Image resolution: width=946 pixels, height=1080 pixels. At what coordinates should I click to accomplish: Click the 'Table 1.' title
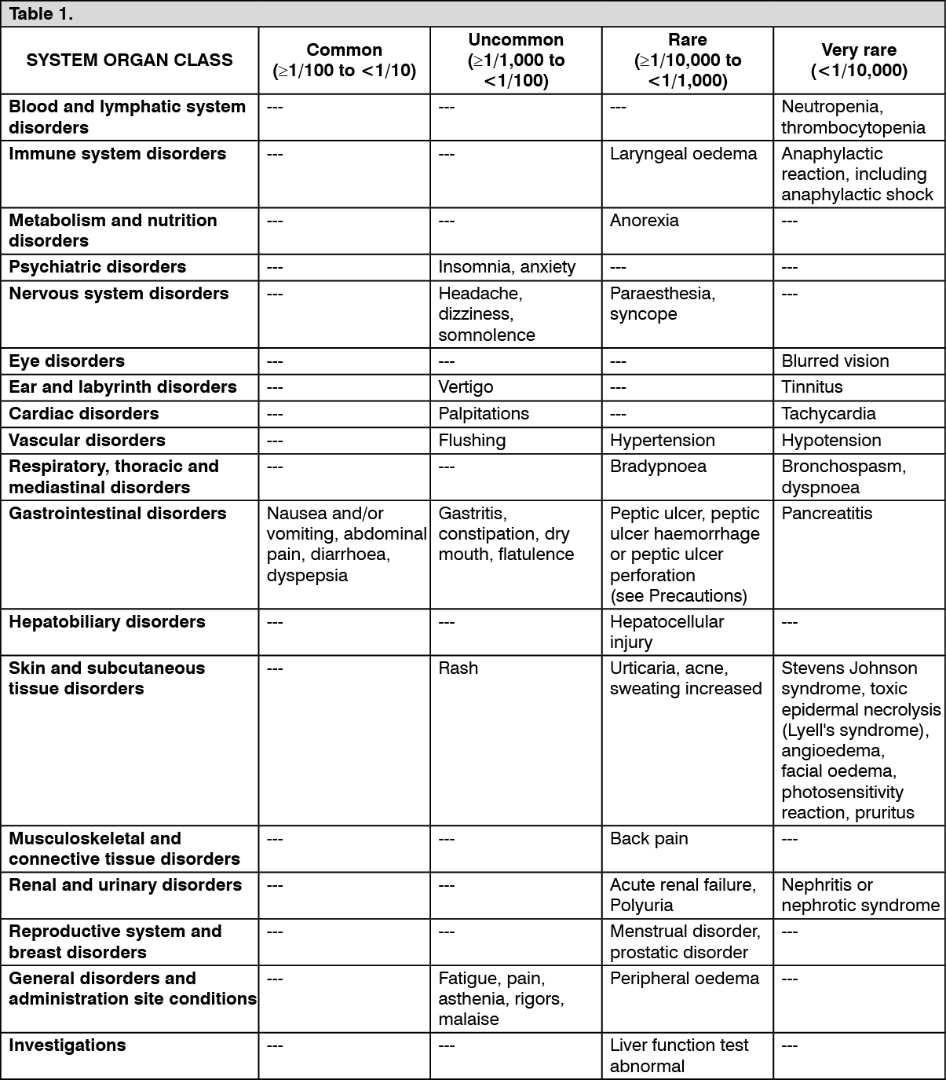(41, 14)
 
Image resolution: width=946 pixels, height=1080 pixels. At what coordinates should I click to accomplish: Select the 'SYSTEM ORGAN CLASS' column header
(130, 60)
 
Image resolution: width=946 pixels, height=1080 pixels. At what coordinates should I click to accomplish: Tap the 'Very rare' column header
(859, 50)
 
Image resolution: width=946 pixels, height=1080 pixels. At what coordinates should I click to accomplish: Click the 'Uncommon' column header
(516, 40)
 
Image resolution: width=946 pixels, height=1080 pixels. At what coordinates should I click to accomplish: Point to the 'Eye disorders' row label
(67, 361)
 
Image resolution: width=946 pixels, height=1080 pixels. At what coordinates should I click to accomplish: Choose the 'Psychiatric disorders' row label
(97, 267)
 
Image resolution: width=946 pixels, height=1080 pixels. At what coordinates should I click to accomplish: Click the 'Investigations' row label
(68, 1045)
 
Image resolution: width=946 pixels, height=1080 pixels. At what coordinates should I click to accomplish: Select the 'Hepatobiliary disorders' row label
(107, 622)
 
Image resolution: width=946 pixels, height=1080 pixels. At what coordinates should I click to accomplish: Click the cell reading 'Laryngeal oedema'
(683, 154)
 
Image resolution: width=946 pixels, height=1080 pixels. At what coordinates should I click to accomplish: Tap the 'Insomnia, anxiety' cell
(507, 267)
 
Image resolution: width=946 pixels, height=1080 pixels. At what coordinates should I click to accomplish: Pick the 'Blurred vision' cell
(835, 361)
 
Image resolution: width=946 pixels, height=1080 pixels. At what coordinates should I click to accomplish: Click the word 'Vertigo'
(466, 387)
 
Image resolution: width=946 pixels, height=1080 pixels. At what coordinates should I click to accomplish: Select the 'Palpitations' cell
(484, 414)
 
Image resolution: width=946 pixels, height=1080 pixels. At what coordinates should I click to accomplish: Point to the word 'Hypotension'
(831, 441)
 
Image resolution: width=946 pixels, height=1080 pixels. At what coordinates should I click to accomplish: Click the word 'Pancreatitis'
(827, 514)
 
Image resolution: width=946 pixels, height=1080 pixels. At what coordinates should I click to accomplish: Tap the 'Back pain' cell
(648, 839)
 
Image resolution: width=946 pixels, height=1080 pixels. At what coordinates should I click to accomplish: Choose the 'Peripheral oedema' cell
(685, 979)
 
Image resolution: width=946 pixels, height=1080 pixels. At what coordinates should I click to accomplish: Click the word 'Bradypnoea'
(658, 467)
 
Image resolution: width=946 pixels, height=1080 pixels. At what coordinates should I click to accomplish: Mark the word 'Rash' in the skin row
(458, 668)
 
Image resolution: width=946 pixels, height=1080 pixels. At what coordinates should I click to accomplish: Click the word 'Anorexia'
(644, 221)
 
